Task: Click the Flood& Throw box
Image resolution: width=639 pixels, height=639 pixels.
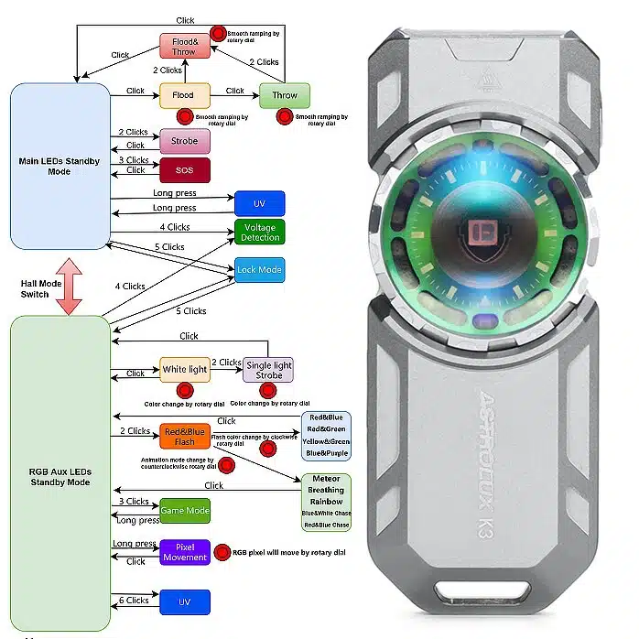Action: tap(184, 46)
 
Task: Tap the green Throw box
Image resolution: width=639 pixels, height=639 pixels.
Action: tap(285, 94)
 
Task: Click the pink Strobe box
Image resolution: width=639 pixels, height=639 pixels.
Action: tap(184, 141)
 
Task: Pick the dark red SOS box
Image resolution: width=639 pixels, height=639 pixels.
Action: tap(185, 170)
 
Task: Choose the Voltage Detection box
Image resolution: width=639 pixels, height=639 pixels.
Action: tap(260, 232)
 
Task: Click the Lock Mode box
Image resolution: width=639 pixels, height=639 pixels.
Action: tap(259, 270)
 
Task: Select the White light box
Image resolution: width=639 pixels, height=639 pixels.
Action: tap(185, 369)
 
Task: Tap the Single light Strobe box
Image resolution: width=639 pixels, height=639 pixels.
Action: tap(267, 370)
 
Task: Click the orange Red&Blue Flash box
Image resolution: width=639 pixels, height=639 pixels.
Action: tap(185, 435)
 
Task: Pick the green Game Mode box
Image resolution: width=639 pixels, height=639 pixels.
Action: tap(185, 511)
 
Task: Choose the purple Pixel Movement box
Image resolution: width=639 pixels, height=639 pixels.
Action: tap(185, 552)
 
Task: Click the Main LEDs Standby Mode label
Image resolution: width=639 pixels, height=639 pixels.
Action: tap(59, 166)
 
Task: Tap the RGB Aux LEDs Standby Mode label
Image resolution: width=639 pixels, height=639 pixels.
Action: tap(60, 476)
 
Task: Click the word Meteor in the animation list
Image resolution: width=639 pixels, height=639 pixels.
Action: tap(326, 479)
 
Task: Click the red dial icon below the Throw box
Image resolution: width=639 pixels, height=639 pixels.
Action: tap(285, 117)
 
